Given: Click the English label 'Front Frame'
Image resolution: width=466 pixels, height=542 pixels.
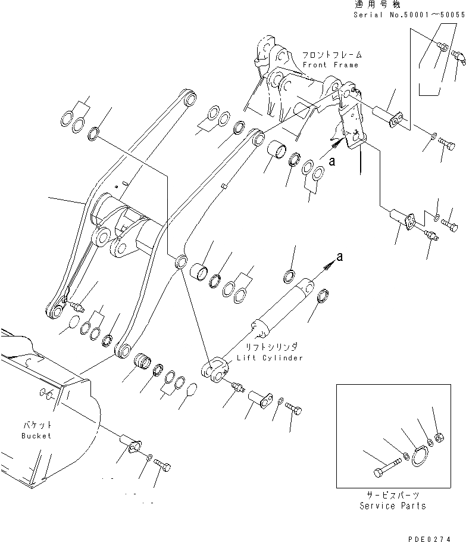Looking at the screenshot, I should [330, 64].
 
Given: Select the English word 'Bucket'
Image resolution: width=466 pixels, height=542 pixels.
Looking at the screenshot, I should [36, 435].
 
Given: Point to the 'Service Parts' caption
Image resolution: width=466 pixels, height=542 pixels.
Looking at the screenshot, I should [393, 506].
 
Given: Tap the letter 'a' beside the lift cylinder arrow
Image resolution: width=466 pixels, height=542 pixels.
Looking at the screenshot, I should [340, 257].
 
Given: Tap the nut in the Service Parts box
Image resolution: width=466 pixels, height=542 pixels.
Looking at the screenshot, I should [439, 438].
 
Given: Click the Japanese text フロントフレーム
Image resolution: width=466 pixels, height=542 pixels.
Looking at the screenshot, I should [330, 55].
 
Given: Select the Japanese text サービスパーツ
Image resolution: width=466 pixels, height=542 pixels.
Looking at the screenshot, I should [392, 496].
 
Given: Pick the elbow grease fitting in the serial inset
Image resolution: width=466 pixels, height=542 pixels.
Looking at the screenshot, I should [459, 58].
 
